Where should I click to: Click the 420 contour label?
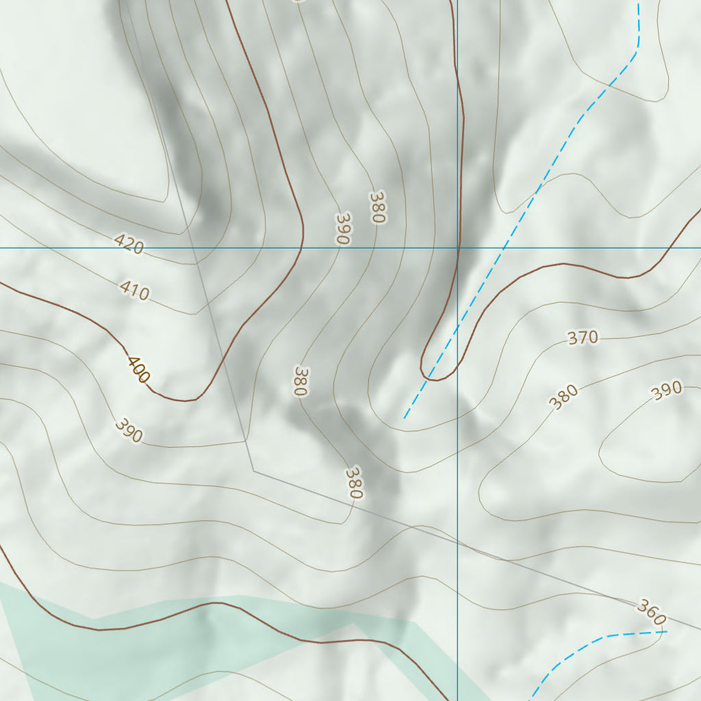click(129, 244)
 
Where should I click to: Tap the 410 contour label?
click(134, 290)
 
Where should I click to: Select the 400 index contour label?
click(138, 370)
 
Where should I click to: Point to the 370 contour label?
click(583, 337)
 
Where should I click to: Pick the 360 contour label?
click(651, 611)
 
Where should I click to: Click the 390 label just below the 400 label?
click(129, 430)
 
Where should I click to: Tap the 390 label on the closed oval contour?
click(666, 390)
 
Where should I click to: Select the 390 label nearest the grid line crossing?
click(342, 229)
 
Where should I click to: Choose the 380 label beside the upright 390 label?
click(377, 207)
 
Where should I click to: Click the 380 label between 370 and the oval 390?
click(565, 397)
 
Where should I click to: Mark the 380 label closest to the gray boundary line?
click(353, 483)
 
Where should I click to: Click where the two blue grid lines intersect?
click(457, 248)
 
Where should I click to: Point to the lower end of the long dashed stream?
click(405, 418)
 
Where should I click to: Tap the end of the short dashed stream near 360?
click(665, 631)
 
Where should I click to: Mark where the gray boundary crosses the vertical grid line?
click(457, 541)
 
